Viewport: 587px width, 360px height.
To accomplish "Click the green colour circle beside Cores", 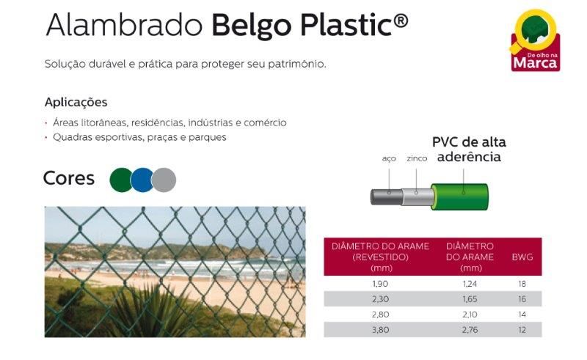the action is click(x=120, y=180).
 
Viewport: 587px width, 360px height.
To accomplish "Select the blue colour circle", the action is click(x=142, y=180).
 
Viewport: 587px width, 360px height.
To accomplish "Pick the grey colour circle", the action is click(x=164, y=180).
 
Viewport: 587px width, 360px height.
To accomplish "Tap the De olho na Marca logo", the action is click(x=536, y=40).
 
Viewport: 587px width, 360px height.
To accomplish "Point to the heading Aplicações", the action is click(x=76, y=102).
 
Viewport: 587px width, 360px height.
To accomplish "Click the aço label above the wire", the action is click(x=389, y=158).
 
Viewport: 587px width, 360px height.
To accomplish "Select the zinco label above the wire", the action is click(x=417, y=158).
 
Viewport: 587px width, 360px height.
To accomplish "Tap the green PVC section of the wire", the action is click(x=460, y=196).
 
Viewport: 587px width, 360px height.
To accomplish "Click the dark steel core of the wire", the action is click(x=387, y=196).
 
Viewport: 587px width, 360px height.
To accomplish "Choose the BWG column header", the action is click(x=522, y=257).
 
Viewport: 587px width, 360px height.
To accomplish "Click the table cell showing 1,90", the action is click(x=380, y=284).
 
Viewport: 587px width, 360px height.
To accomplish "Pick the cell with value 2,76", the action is click(x=470, y=330).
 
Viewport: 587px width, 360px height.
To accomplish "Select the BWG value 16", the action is click(x=522, y=299).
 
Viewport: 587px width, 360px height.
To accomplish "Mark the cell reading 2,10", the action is click(x=470, y=315).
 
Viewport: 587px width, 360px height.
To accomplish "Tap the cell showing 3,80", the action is click(x=380, y=330).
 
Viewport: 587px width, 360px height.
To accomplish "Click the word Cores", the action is click(x=69, y=178).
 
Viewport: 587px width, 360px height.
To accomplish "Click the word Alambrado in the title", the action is click(x=124, y=26).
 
